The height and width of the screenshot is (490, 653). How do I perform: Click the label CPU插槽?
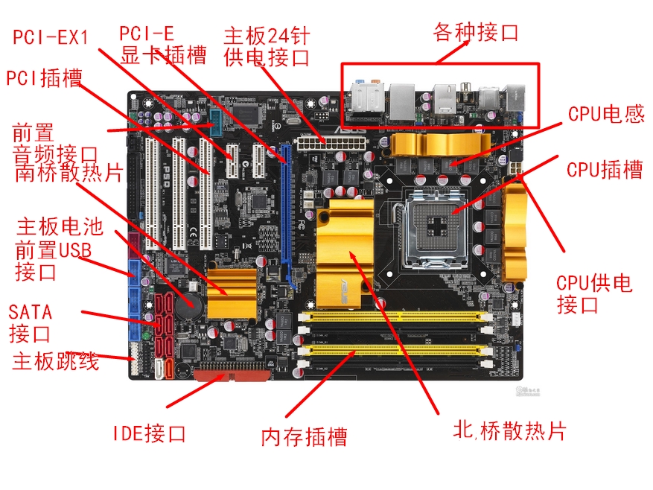coord(605,170)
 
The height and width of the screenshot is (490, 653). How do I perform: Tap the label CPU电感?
coord(606,114)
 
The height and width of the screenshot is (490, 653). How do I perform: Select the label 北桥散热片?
coord(510,430)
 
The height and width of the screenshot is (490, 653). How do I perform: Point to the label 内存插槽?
coord(304,437)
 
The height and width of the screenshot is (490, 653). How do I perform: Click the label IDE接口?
coord(150,433)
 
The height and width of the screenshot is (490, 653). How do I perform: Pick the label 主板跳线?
coord(56,361)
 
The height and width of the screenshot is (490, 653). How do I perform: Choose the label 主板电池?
coord(60,226)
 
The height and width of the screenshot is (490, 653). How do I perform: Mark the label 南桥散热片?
coord(69,172)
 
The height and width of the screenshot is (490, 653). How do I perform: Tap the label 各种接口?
coord(476,32)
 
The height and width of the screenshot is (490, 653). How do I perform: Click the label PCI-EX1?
coord(51,37)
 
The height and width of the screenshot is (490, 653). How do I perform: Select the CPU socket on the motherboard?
coord(433,228)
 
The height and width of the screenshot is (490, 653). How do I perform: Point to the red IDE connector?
coord(232,375)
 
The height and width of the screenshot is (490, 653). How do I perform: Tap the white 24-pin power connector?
coord(331,144)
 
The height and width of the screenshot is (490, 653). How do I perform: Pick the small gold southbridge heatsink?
coord(232,293)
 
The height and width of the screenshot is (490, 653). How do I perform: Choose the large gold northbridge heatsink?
coord(345,253)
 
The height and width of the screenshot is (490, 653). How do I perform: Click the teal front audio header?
coord(216,124)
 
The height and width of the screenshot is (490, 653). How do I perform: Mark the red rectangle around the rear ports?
coord(440,64)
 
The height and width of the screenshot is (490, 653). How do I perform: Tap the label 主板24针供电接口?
coord(267,47)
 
